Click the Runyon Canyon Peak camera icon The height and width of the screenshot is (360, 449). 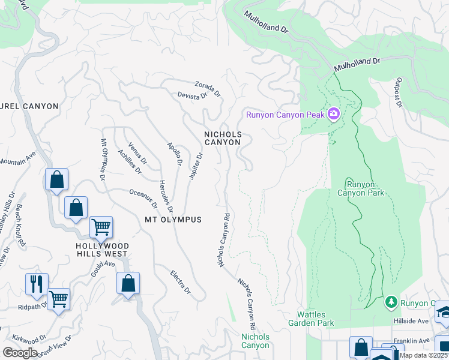pyautogui.click(x=334, y=114)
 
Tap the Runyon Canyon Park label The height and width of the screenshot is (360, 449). pyautogui.click(x=360, y=188)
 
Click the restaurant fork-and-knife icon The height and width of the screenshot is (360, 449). pyautogui.click(x=37, y=284)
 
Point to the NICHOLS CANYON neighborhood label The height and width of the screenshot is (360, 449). pyautogui.click(x=223, y=138)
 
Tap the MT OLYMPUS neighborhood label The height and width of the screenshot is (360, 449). pyautogui.click(x=173, y=220)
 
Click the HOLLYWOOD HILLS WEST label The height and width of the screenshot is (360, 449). pyautogui.click(x=101, y=250)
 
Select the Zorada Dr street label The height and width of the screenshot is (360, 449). pyautogui.click(x=208, y=89)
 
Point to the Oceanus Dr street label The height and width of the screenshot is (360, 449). pyautogui.click(x=143, y=199)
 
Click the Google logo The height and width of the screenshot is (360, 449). pyautogui.click(x=19, y=352)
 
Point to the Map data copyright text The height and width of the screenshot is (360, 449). pyautogui.click(x=424, y=355)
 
